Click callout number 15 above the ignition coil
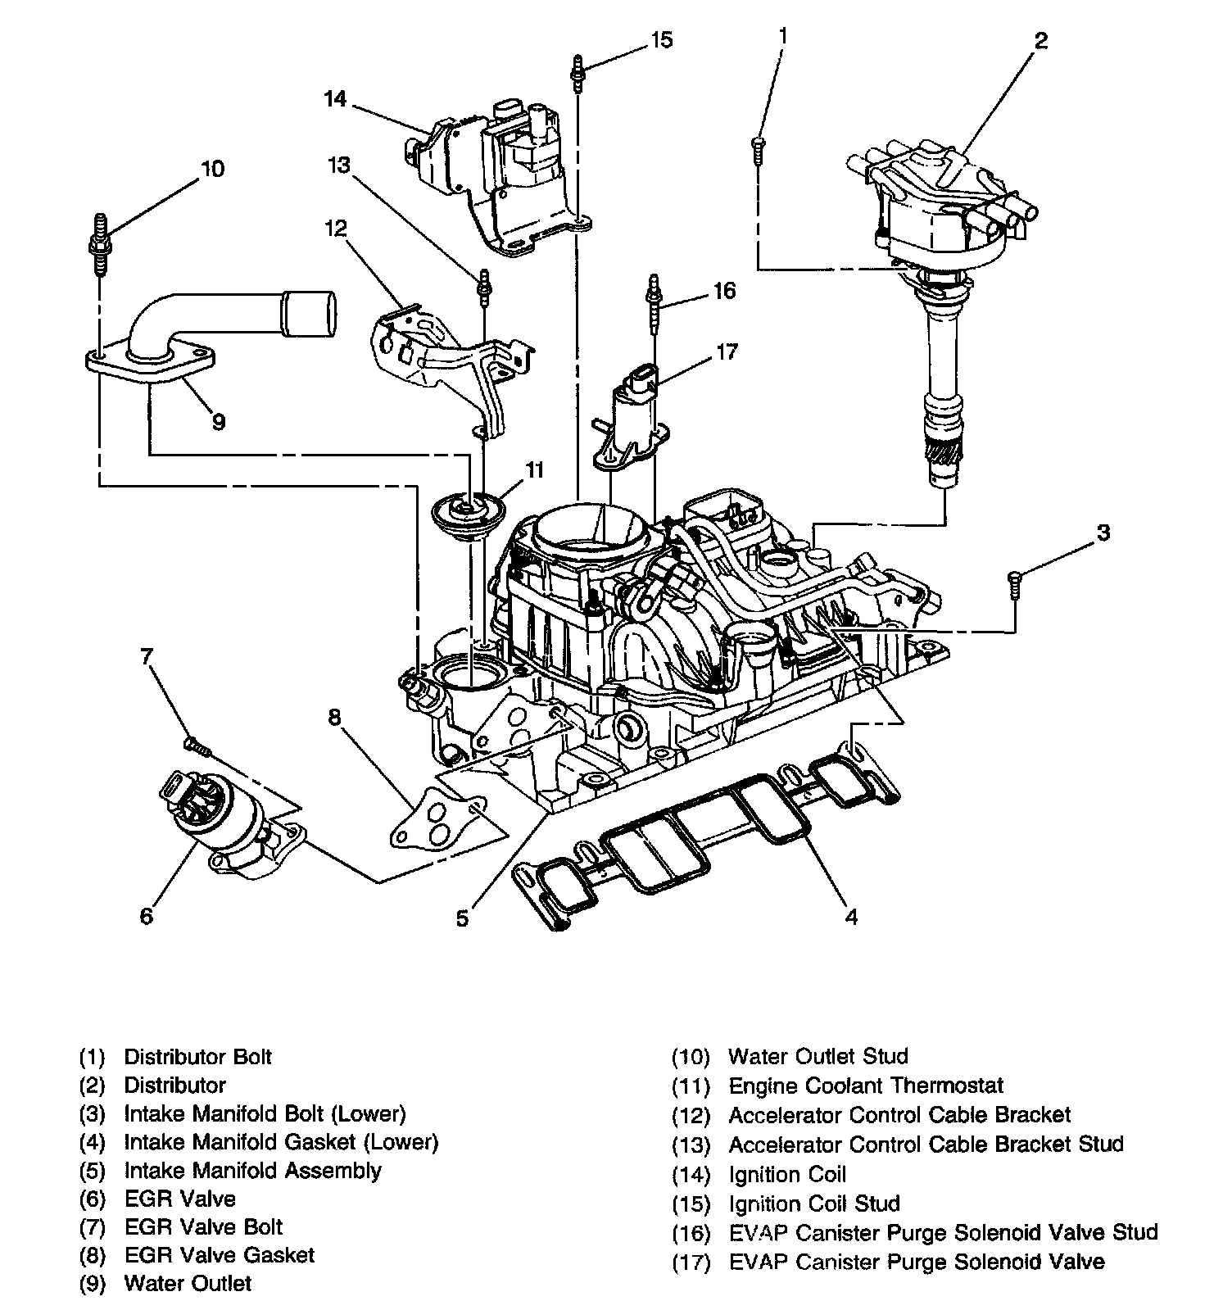click(x=661, y=39)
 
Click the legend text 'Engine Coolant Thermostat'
click(x=865, y=1086)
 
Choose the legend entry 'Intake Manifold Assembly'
click(x=252, y=1171)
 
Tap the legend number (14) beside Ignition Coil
click(x=690, y=1176)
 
